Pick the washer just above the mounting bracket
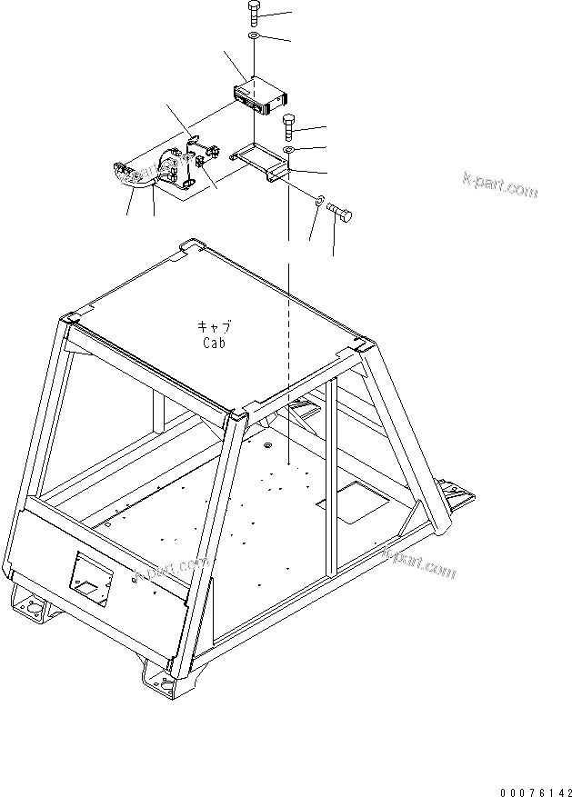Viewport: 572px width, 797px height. [x=288, y=148]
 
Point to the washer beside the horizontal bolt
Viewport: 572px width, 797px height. [x=319, y=202]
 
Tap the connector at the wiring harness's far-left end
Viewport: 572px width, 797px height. [x=124, y=169]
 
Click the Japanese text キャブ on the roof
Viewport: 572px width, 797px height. [x=215, y=327]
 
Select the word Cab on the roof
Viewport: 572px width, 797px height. [x=215, y=344]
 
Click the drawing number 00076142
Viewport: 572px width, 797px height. [x=530, y=782]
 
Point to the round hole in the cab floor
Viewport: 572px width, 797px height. [x=269, y=446]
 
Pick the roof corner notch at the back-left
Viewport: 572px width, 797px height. [x=191, y=245]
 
